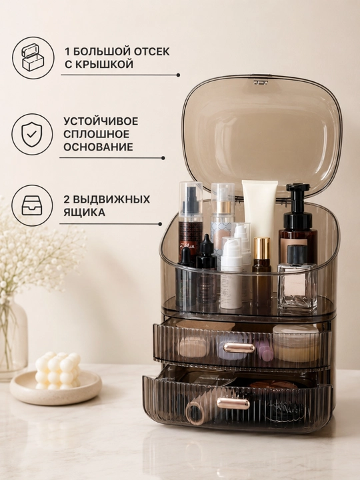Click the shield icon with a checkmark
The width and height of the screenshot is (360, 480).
[32, 135]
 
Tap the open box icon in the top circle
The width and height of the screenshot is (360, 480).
[33, 57]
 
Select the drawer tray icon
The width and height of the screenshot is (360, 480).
[32, 205]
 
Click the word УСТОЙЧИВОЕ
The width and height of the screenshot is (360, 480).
[101, 121]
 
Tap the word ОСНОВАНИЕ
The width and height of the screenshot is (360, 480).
[98, 147]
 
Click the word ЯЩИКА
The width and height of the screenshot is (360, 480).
[84, 212]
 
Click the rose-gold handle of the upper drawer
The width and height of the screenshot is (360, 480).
[239, 348]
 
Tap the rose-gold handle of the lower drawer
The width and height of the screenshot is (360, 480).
[233, 403]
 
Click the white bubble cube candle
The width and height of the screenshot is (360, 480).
[58, 371]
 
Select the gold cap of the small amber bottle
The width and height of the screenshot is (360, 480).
[262, 248]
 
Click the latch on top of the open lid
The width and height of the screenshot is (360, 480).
[260, 82]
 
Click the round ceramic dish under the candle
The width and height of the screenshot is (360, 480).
[55, 387]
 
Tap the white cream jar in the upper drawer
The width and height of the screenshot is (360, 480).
[295, 342]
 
